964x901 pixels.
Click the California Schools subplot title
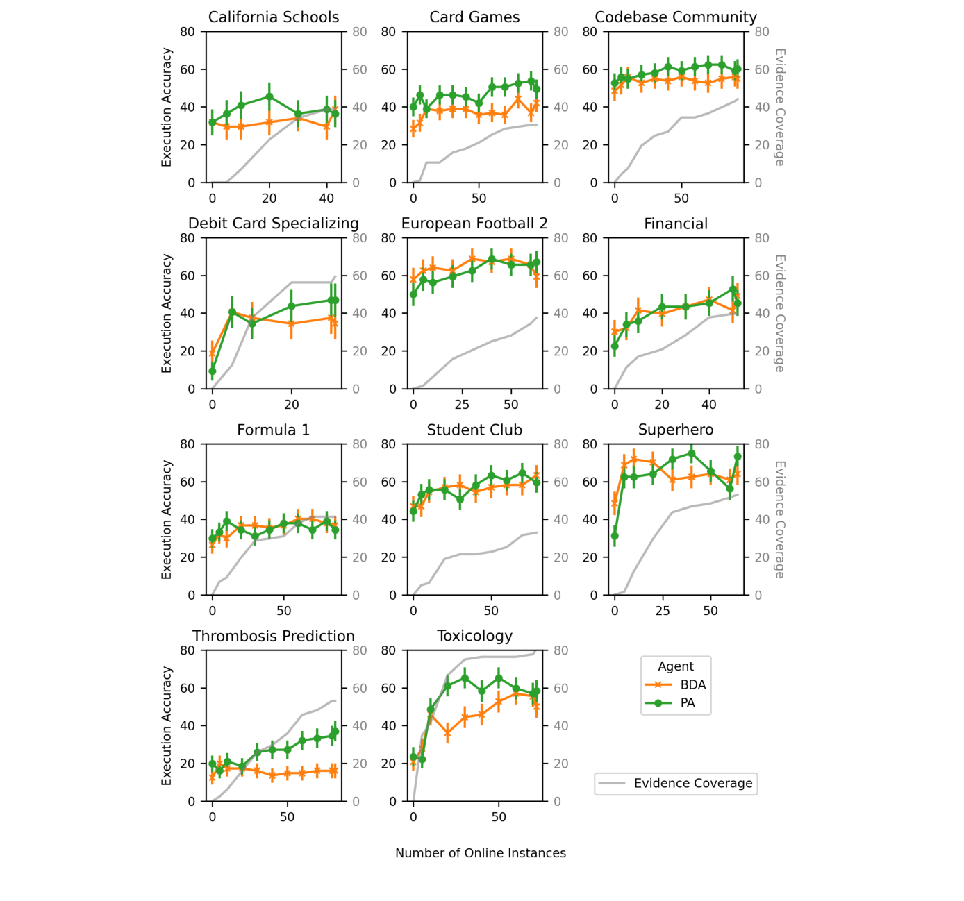point(274,17)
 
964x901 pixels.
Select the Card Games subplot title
point(474,17)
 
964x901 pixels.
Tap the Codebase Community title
point(676,17)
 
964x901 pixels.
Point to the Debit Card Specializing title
point(274,224)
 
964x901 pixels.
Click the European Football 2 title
point(474,224)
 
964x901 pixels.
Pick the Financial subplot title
point(676,224)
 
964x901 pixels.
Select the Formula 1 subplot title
point(274,430)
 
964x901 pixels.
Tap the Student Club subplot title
point(474,430)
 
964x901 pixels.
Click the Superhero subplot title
point(676,430)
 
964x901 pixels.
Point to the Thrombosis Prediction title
point(274,636)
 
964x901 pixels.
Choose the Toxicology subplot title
point(474,636)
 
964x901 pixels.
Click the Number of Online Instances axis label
point(481,853)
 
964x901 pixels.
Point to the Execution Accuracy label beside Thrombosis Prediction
point(167,725)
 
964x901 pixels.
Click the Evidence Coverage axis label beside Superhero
point(779,519)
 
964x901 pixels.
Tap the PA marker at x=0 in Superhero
point(615,536)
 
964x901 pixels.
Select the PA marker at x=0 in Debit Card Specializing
point(213,371)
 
